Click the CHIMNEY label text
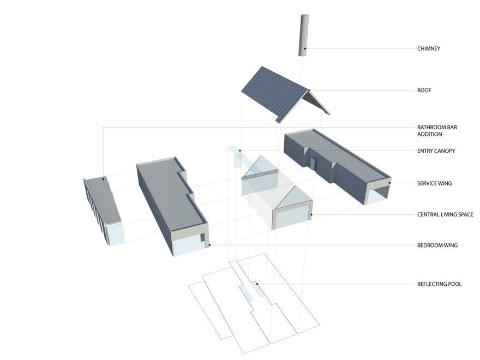(429, 49)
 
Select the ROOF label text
(424, 91)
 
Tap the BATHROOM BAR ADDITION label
(437, 131)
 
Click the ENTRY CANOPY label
(436, 151)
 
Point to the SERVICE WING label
(434, 183)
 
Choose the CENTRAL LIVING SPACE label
(445, 214)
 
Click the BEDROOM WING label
(437, 245)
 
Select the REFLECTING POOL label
(439, 284)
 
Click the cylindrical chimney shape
(304, 35)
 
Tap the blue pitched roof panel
(274, 93)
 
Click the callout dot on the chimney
(305, 49)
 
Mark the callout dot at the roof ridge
(309, 91)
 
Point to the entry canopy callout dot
(241, 151)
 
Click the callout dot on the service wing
(389, 183)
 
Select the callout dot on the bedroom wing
(209, 245)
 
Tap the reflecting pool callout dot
(257, 284)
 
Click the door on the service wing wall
(313, 164)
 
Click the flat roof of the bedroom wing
(171, 193)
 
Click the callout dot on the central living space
(311, 214)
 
